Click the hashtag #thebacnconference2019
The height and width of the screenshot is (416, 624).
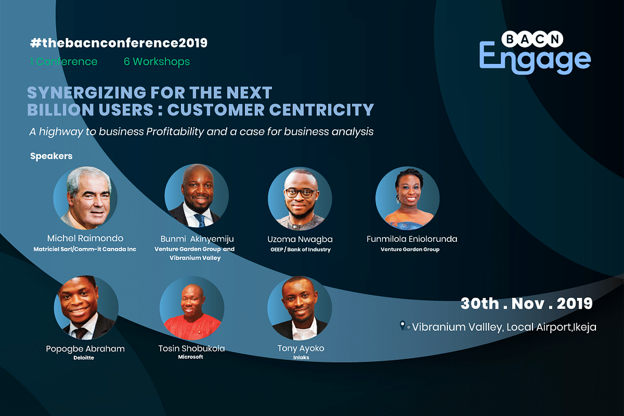(x=119, y=43)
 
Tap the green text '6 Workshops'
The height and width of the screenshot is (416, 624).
(x=157, y=62)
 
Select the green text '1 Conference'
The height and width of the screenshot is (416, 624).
(x=63, y=62)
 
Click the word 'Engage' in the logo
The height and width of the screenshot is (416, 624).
(x=535, y=58)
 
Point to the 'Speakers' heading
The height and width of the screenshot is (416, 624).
(x=51, y=156)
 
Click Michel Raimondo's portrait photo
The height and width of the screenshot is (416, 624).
(x=85, y=198)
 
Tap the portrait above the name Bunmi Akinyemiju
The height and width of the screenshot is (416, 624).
(x=197, y=196)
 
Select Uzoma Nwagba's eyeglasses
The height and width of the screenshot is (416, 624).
(x=299, y=193)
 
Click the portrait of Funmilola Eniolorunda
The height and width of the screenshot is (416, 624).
(x=408, y=198)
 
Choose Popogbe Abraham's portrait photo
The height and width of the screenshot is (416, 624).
(x=86, y=308)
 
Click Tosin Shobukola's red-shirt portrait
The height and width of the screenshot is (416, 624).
(x=192, y=308)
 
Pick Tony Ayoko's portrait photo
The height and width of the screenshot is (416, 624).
(x=300, y=308)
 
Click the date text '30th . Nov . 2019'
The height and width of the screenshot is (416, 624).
(x=526, y=303)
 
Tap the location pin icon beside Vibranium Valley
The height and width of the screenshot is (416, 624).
(x=403, y=326)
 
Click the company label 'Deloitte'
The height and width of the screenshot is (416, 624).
(x=83, y=358)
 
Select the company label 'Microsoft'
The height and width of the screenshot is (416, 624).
(x=191, y=357)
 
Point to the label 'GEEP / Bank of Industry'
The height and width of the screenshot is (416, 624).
(x=300, y=249)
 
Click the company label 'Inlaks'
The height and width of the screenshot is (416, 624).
(x=301, y=358)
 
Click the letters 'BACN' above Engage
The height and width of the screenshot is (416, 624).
(x=532, y=39)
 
